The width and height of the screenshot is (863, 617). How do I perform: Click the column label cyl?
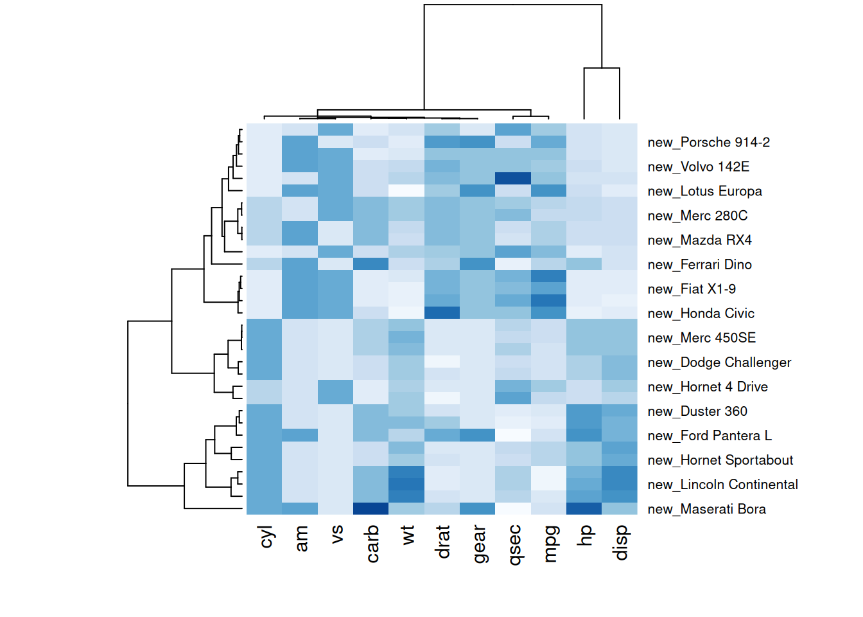(x=266, y=537)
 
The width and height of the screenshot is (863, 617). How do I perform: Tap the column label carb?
(x=372, y=544)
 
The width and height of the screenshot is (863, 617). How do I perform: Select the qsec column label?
(x=514, y=545)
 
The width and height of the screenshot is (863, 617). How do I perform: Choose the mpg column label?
(x=550, y=544)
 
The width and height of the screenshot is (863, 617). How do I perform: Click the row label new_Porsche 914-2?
(x=708, y=142)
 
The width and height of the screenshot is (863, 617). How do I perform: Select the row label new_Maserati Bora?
(x=706, y=509)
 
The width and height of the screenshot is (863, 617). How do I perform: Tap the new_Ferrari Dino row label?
(x=699, y=264)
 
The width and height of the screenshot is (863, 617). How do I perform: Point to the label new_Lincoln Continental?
(x=722, y=485)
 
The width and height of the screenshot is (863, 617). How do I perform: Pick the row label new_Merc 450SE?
(x=701, y=337)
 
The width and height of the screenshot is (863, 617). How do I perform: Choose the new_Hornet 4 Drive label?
(x=708, y=386)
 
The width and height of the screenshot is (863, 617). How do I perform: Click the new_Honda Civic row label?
(x=701, y=313)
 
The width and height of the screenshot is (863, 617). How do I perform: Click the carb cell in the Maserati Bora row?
(x=371, y=508)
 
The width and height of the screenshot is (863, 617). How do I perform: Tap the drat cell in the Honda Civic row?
(x=442, y=312)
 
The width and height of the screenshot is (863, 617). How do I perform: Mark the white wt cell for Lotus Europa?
(x=406, y=190)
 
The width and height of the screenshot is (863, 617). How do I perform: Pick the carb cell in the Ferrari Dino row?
(x=371, y=264)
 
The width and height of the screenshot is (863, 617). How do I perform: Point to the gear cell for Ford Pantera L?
(x=477, y=435)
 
